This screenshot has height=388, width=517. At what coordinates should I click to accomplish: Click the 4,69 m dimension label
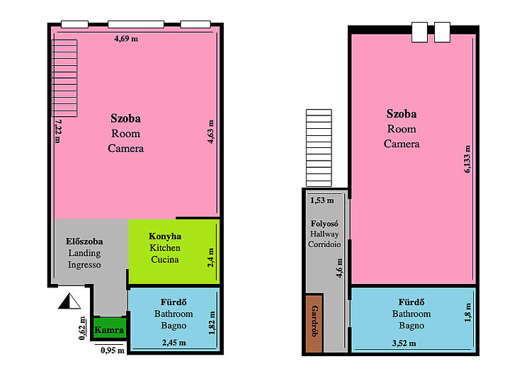[x=126, y=39]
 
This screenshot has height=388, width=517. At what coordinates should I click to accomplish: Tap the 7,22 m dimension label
[x=57, y=131]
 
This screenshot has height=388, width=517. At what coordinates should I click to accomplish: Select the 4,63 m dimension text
[x=210, y=132]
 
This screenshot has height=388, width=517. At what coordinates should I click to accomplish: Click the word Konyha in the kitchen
[x=165, y=236]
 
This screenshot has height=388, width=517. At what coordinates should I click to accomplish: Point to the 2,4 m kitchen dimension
[x=210, y=258]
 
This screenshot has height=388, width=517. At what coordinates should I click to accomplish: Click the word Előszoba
[x=84, y=241]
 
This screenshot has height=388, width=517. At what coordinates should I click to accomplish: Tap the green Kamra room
[x=109, y=329]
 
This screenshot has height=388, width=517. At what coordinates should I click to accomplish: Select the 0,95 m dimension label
[x=113, y=350]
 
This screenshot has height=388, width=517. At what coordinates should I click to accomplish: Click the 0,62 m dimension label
[x=82, y=329]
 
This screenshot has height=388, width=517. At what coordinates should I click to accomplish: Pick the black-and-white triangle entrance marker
[x=69, y=301]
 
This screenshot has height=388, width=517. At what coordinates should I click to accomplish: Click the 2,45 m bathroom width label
[x=174, y=343]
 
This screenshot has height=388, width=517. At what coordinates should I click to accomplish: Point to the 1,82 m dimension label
[x=212, y=323]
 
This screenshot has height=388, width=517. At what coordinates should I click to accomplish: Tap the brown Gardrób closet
[x=314, y=324]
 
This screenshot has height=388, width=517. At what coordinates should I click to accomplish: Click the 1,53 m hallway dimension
[x=322, y=200]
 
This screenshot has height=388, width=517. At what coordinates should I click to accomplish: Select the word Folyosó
[x=324, y=224]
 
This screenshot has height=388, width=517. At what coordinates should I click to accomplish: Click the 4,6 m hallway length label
[x=339, y=268]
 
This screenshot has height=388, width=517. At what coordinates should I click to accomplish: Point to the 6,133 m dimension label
[x=467, y=159]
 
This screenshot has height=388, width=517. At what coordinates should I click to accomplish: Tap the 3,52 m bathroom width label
[x=404, y=343]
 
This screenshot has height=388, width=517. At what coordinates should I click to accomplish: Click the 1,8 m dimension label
[x=467, y=312]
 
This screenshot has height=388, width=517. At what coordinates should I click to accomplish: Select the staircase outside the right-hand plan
[x=319, y=148]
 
